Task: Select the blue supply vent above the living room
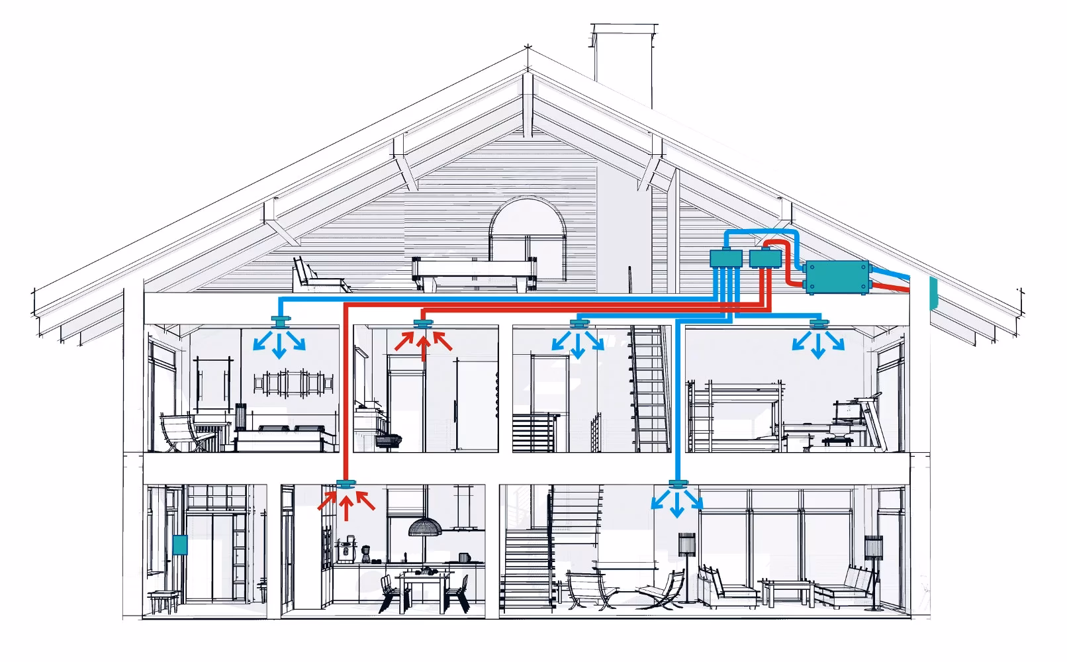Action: (676, 484)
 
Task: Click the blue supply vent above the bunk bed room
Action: (819, 324)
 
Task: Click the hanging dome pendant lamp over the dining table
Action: (425, 527)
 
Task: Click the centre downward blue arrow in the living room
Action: (676, 506)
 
